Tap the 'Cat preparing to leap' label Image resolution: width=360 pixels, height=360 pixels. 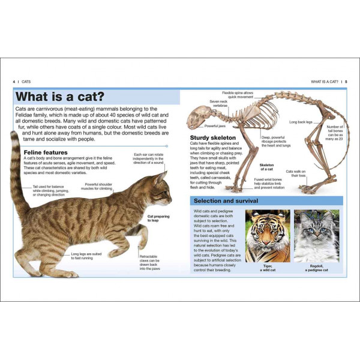(x=158, y=218)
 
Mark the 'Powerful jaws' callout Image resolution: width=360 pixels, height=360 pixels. (x=215, y=126)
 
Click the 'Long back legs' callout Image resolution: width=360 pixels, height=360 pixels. (x=301, y=122)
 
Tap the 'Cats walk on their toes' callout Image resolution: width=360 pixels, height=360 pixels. (x=296, y=174)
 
